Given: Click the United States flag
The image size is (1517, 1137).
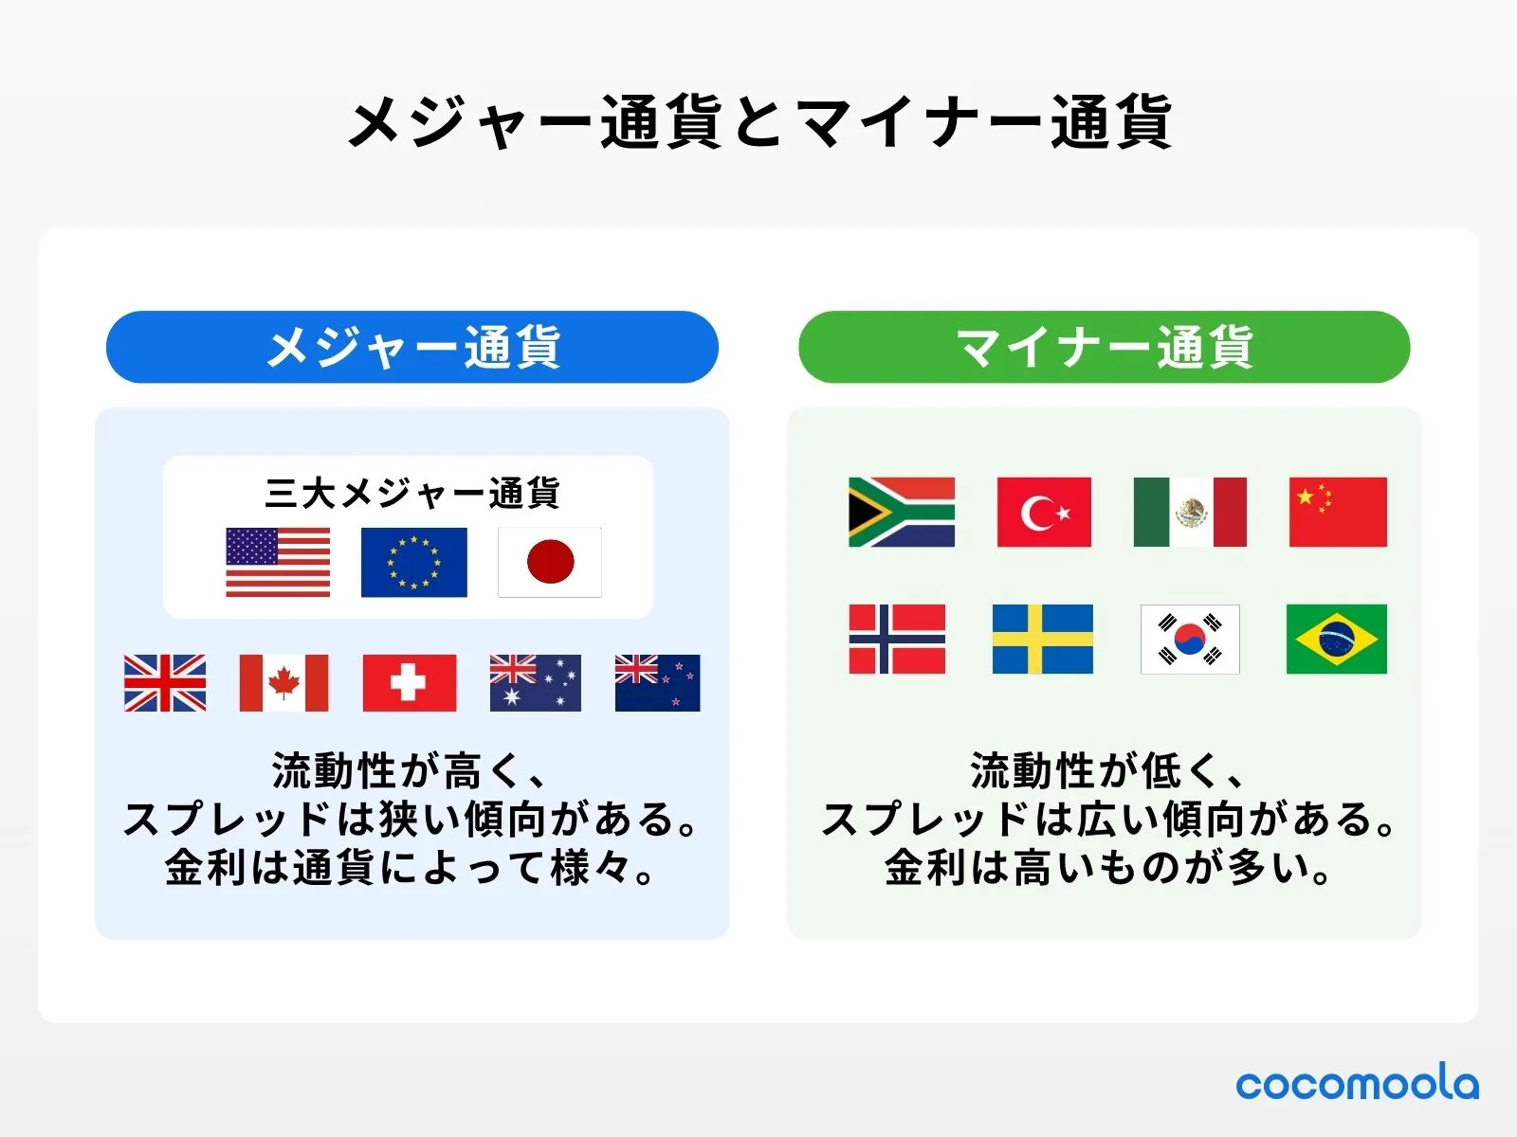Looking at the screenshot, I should (278, 562).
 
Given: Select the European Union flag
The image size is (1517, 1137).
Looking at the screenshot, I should (413, 562).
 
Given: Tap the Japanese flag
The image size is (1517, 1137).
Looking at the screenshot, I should (550, 562).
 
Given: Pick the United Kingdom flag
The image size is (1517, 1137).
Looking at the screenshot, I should (165, 682).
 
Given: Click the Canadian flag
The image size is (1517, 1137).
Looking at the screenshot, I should (283, 682).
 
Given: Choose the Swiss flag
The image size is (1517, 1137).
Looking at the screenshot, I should (409, 682).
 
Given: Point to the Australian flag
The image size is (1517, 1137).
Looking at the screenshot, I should (535, 682).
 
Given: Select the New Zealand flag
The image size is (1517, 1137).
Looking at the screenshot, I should (657, 682).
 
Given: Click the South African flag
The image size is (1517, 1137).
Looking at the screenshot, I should (901, 512).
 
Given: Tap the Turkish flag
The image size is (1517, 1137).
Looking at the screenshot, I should (1044, 512).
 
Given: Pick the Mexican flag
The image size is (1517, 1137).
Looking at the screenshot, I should (1190, 512).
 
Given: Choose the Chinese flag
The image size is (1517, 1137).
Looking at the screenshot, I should (1338, 512).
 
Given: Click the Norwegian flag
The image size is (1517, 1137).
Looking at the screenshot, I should (897, 639).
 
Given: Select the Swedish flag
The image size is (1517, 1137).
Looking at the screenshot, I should (1042, 639).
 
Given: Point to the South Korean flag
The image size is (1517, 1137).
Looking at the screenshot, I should (1190, 639).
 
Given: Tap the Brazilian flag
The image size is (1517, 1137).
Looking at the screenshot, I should (1336, 639).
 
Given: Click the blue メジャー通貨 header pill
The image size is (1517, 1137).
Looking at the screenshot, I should (412, 347).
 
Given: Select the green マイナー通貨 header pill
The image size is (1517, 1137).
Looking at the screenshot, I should (1104, 347).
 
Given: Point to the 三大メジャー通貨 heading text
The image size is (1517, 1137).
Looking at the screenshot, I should (412, 493).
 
